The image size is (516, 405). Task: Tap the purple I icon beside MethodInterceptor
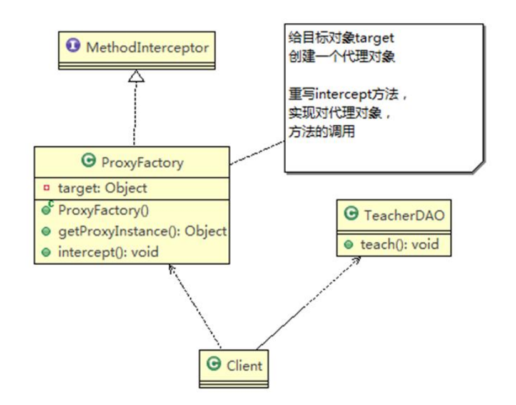point(74,46)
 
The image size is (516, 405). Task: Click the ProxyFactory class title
point(142,163)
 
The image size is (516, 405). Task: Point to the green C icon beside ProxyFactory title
point(89,162)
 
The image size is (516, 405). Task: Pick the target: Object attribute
point(103,188)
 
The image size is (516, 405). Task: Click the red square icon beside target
point(46,188)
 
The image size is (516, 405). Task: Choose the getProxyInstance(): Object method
point(141,231)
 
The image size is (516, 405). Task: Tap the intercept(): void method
point(108,252)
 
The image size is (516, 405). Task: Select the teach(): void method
point(399,244)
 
